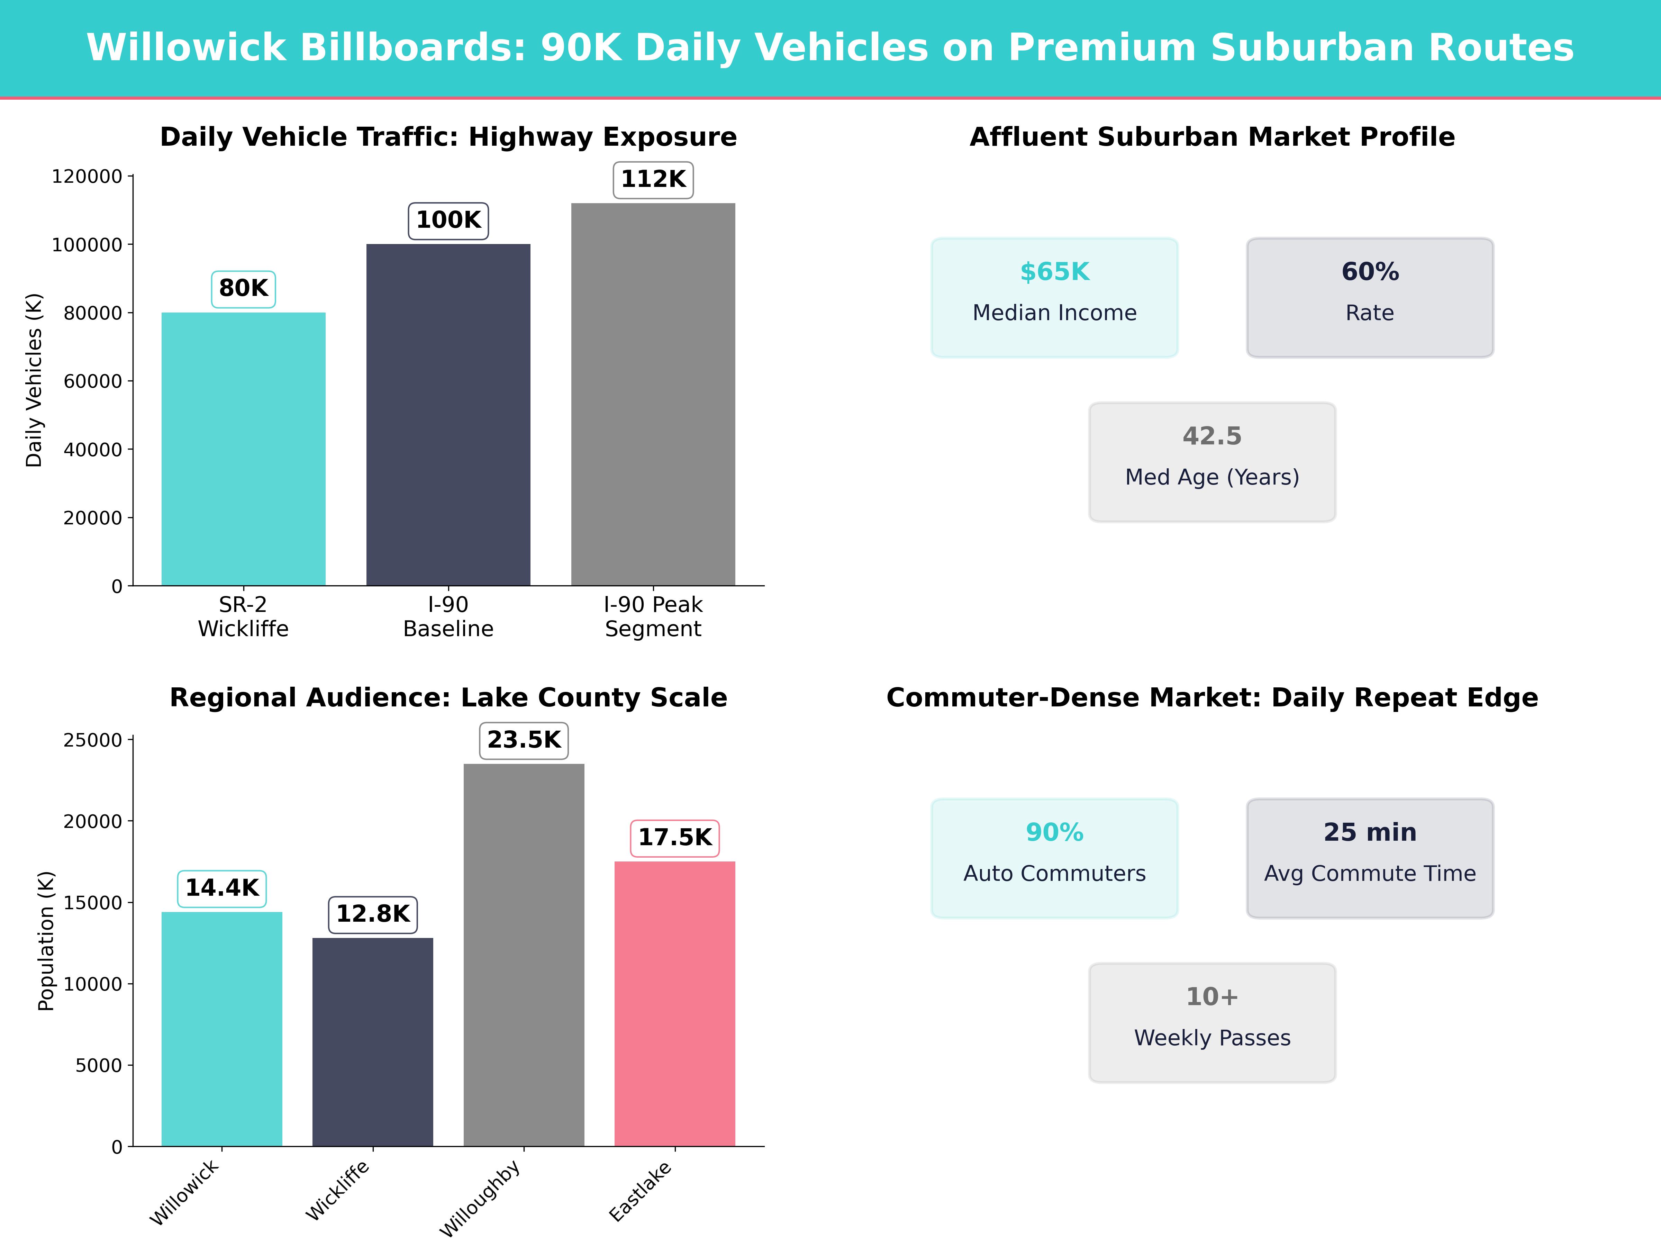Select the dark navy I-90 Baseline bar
click(448, 415)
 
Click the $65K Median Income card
click(1054, 297)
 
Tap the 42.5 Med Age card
click(1212, 462)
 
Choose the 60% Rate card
click(1370, 297)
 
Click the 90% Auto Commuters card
click(1054, 858)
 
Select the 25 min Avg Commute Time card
click(1370, 858)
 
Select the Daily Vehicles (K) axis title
click(34, 380)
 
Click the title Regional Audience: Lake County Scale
click(448, 698)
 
